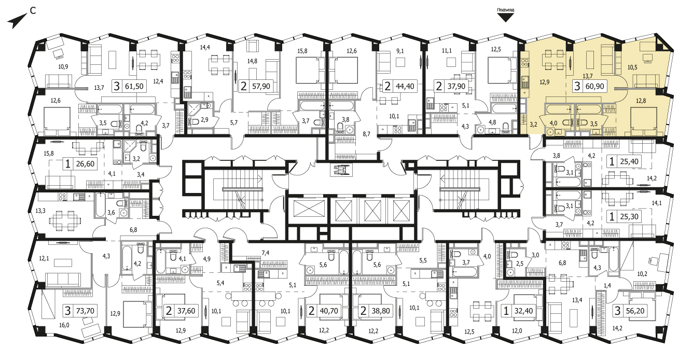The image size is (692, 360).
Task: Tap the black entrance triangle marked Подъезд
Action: [505, 18]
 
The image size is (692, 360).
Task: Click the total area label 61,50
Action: [134, 86]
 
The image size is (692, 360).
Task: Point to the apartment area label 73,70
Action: [85, 310]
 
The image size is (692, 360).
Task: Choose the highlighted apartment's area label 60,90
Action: [594, 86]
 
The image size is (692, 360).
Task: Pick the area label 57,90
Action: [261, 86]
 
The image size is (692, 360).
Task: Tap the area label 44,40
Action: [405, 86]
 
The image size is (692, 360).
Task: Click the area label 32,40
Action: [523, 310]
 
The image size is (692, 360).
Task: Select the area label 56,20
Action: [635, 310]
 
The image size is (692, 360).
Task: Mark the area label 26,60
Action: [85, 163]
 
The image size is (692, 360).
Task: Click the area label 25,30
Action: [629, 217]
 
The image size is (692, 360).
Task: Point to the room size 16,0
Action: [64, 325]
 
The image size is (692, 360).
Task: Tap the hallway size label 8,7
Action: [366, 134]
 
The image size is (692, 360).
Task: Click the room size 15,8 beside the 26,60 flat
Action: [49, 153]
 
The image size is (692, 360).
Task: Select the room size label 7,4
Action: [266, 253]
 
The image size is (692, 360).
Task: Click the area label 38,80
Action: [381, 310]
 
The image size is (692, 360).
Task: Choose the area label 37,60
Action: [186, 310]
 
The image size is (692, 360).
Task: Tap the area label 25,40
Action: [629, 161]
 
